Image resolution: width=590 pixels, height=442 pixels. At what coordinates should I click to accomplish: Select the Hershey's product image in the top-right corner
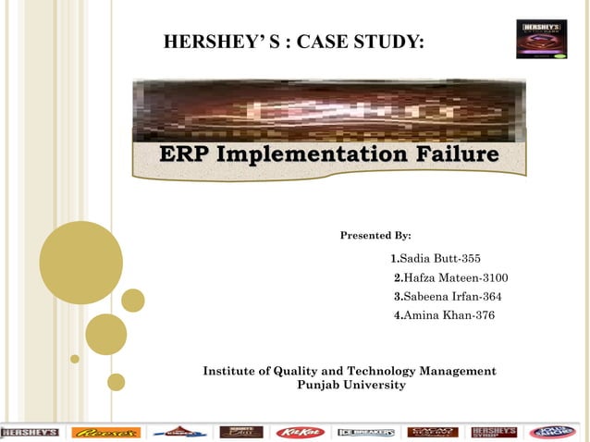tap(541, 40)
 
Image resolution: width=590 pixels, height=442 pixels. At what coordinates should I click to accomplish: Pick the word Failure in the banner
tap(460, 153)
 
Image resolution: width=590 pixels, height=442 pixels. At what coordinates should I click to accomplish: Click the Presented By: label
tap(375, 236)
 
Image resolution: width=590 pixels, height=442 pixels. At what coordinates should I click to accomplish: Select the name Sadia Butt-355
tap(436, 258)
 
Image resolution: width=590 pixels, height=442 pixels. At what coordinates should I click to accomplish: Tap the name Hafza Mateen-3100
tap(450, 278)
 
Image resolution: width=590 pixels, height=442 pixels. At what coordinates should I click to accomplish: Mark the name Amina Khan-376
tap(444, 315)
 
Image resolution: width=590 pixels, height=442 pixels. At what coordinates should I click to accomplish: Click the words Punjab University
tap(350, 385)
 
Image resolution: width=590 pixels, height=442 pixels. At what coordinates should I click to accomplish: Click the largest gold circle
tap(81, 263)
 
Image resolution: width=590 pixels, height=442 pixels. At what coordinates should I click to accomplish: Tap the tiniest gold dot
tap(75, 359)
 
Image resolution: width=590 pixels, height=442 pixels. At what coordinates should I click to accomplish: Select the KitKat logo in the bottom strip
tap(300, 432)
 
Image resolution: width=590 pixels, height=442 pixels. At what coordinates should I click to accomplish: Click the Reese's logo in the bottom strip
tap(106, 432)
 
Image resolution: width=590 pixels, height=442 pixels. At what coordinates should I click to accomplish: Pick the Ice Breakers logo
tap(366, 432)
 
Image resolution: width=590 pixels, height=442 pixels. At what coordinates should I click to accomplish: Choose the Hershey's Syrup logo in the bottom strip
tap(494, 432)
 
